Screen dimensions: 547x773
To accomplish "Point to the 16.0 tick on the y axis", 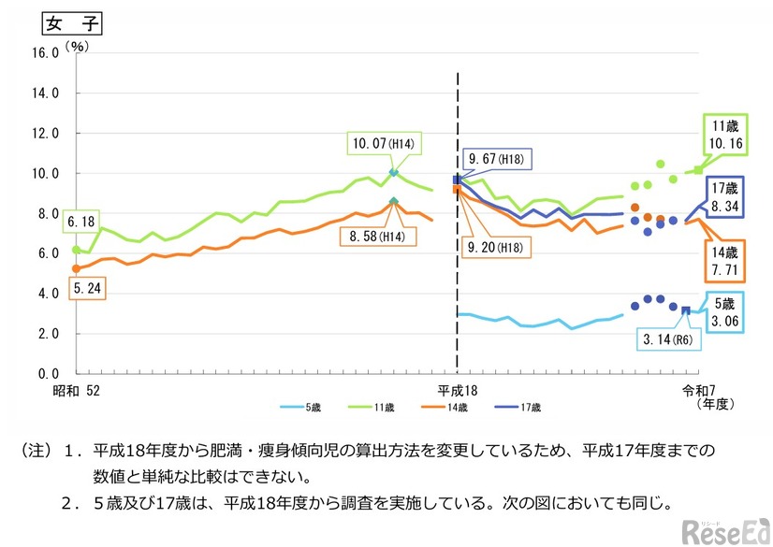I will coord(46,53).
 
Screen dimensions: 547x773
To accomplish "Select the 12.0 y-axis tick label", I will coord(46,134).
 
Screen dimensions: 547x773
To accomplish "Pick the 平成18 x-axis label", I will coord(458,388).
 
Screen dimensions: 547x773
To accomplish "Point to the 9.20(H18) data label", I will coord(496,247).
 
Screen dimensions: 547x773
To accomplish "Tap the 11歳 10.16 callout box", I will coord(724,136).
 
